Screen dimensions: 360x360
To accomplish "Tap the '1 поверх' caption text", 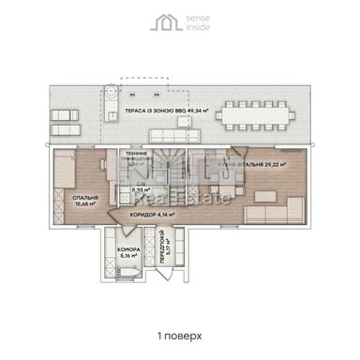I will click(180, 334).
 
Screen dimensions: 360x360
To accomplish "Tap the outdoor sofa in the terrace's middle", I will click(150, 129).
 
